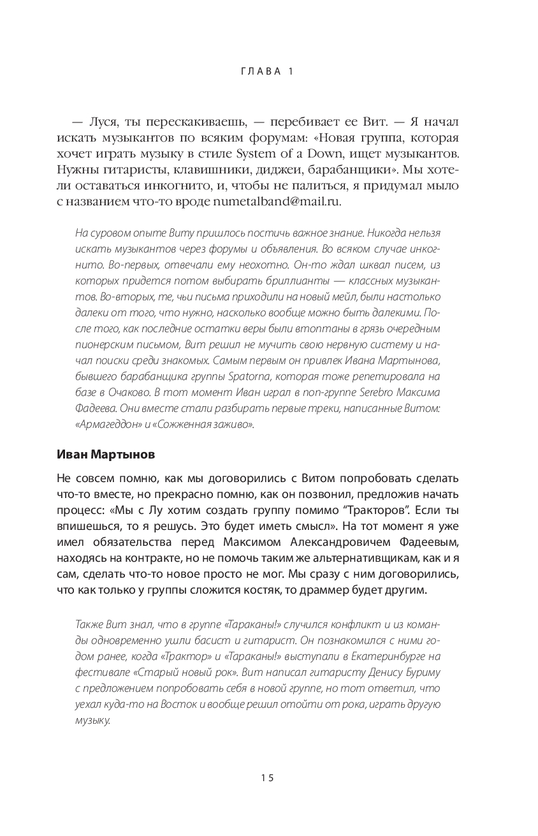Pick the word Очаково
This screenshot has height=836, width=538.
132,392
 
